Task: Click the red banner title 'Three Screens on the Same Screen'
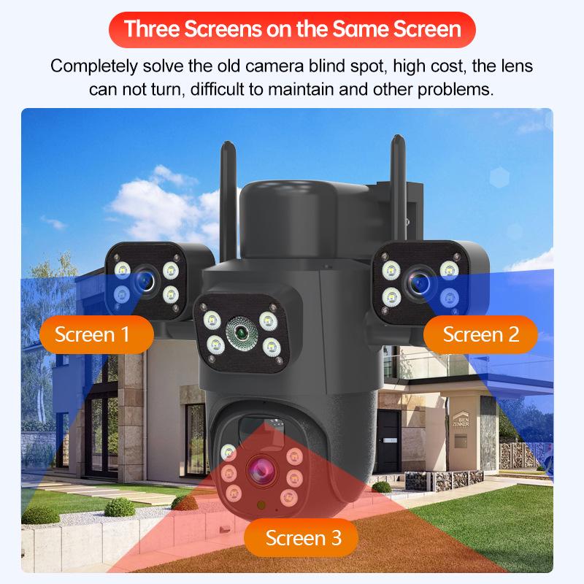[292, 29]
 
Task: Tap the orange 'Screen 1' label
[93, 335]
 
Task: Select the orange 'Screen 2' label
[480, 335]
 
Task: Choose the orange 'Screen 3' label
[303, 539]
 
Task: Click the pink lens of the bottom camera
[259, 470]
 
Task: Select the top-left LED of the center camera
[212, 318]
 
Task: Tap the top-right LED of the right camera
[450, 270]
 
